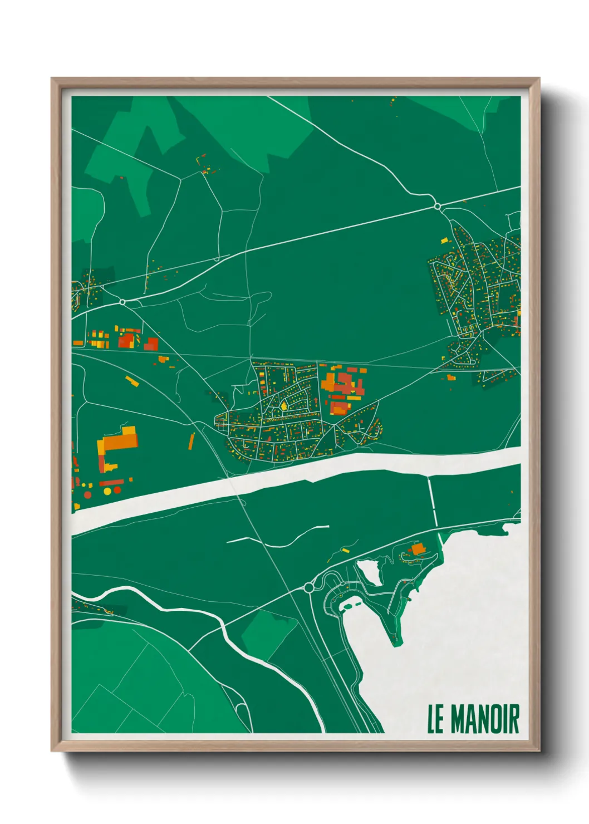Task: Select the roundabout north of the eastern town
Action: point(438,207)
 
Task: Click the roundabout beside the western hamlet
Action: point(122,302)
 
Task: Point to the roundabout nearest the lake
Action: point(309,587)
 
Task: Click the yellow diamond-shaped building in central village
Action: point(283,405)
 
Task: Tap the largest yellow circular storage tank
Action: point(107,492)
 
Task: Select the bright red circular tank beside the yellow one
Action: point(87,494)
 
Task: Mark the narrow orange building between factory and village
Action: point(192,441)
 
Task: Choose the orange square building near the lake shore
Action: point(418,550)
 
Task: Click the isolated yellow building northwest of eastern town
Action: point(444,241)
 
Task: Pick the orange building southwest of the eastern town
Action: point(451,378)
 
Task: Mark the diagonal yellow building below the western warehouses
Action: point(132,381)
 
